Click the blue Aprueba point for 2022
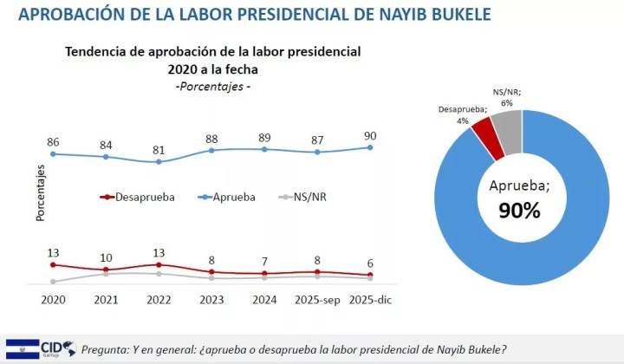(158, 162)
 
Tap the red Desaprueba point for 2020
(53, 265)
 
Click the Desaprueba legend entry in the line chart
(138, 197)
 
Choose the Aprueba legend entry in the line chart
(226, 197)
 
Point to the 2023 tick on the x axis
(211, 298)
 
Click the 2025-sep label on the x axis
(317, 298)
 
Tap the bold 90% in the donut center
(519, 210)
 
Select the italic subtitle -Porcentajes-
(213, 88)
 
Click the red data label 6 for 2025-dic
(371, 263)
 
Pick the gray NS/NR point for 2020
(53, 282)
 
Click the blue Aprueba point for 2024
(264, 149)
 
